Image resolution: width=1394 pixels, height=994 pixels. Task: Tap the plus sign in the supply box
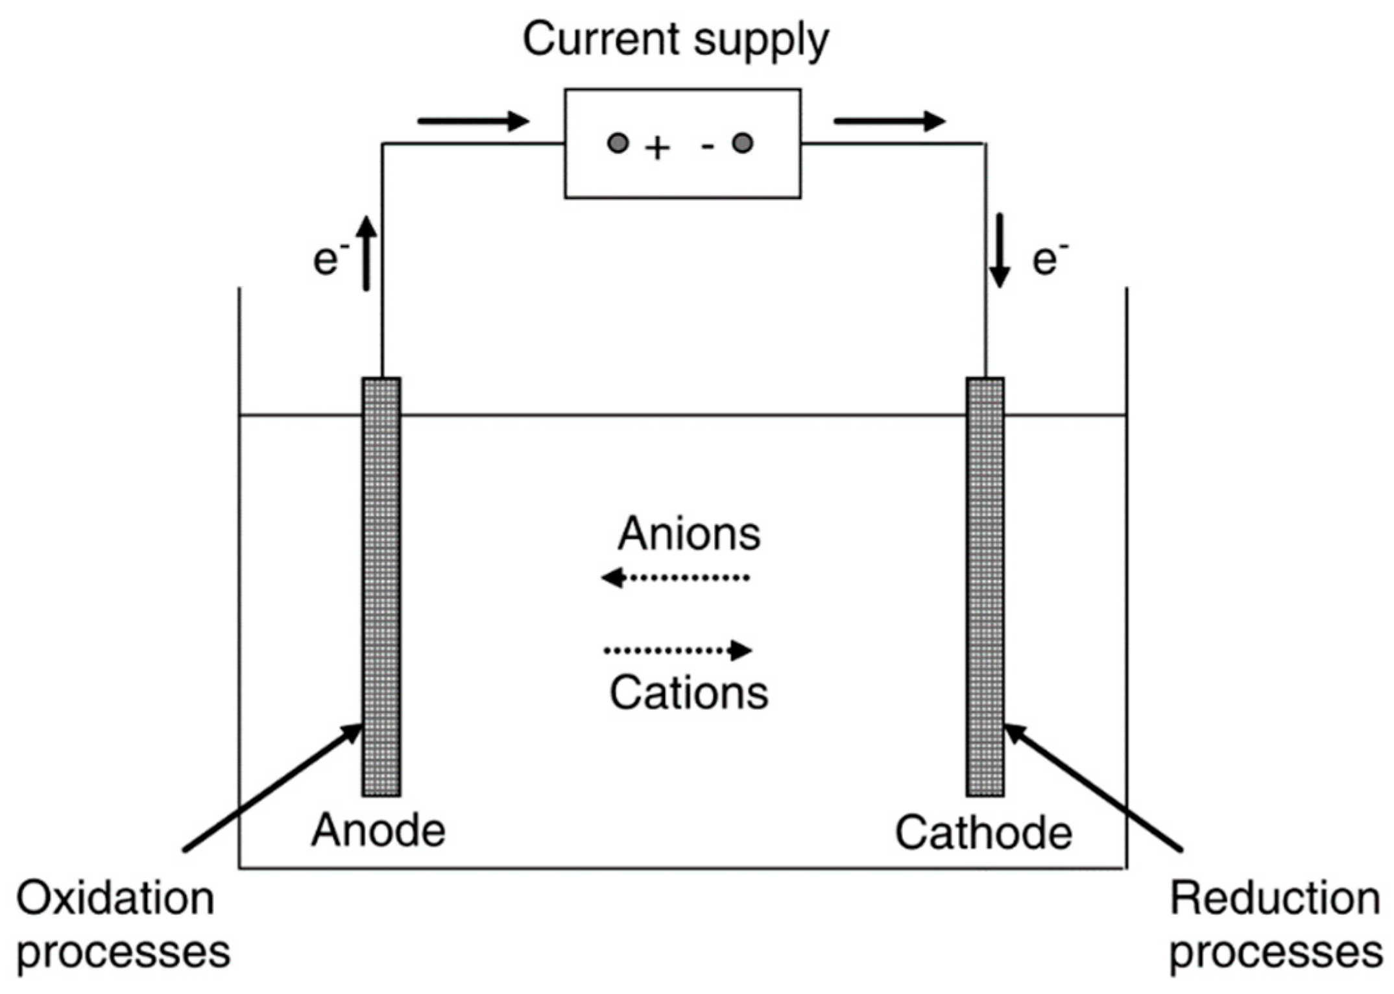[x=657, y=149]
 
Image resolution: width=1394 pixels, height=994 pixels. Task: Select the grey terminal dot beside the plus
[x=618, y=143]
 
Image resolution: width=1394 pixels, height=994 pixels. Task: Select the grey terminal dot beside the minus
[x=743, y=143]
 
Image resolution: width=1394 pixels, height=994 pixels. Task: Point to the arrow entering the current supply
[x=474, y=121]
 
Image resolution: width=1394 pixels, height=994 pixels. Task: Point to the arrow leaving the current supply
[x=889, y=121]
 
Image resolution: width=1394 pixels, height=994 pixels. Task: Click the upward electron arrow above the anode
[x=367, y=253]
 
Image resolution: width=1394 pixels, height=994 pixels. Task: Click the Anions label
[x=689, y=534]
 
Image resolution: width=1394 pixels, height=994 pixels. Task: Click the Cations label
[x=689, y=694]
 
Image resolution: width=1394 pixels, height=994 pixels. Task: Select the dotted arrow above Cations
[x=678, y=649]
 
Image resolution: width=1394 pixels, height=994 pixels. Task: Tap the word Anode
[x=378, y=830]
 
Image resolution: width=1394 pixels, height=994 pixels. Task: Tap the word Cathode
[x=983, y=832]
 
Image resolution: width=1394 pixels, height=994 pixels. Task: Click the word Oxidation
[x=115, y=899]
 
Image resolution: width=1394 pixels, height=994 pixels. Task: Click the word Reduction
[x=1275, y=899]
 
